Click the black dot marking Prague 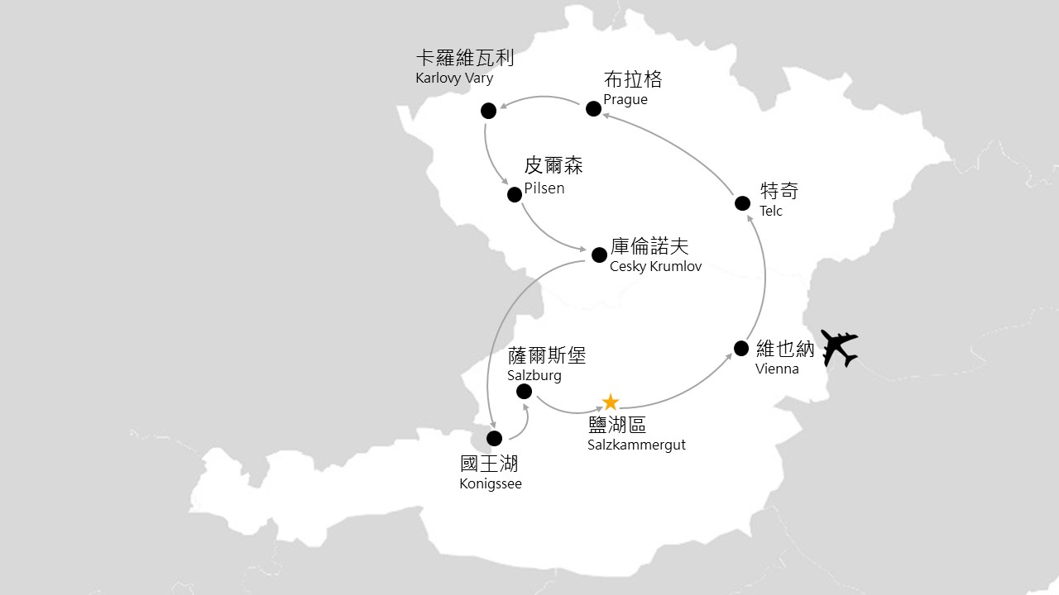click(x=593, y=108)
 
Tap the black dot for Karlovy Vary click(x=488, y=110)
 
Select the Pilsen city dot click(x=514, y=194)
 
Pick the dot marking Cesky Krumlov click(x=599, y=255)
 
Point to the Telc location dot click(x=743, y=203)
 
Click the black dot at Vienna click(x=741, y=348)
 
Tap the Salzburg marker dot click(x=524, y=391)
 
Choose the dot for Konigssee click(x=494, y=438)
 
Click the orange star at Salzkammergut click(x=611, y=402)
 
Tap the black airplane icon click(x=836, y=348)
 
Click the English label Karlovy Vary click(x=454, y=79)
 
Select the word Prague click(x=625, y=100)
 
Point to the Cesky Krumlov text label click(x=655, y=267)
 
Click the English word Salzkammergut click(x=636, y=445)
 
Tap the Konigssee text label click(x=491, y=484)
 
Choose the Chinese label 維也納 click(x=785, y=349)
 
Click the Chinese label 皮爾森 click(x=553, y=165)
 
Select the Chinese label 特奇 click(x=779, y=191)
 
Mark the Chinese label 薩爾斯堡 click(x=547, y=355)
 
